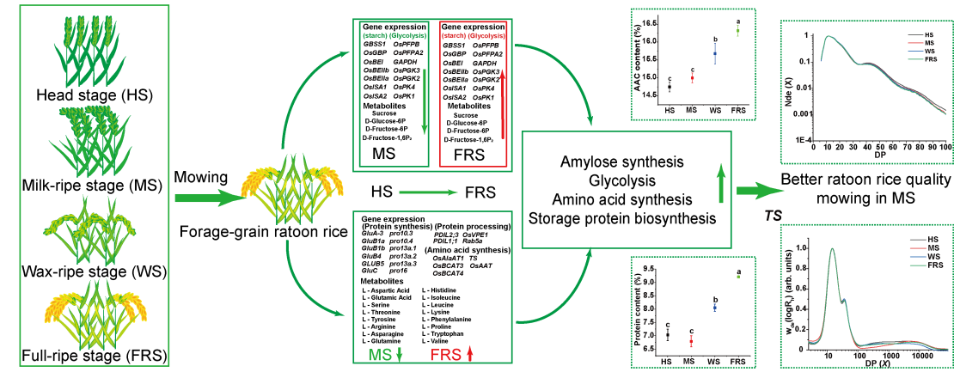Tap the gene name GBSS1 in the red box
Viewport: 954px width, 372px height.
coord(454,44)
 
